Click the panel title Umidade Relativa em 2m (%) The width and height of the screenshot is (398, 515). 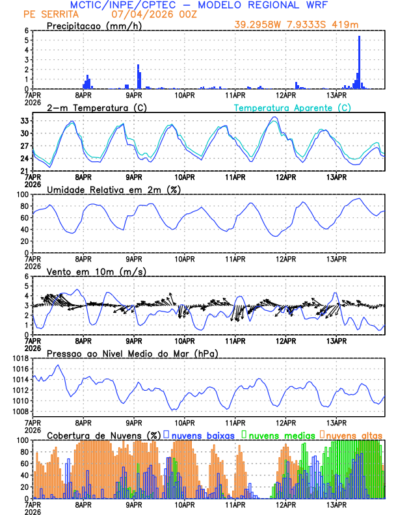[x=114, y=189]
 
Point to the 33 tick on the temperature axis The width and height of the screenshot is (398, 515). [x=24, y=121]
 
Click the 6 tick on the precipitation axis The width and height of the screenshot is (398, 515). [x=27, y=31]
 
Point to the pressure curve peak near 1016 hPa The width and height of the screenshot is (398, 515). [x=58, y=365]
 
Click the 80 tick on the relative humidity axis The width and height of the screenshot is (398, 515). [x=24, y=206]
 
